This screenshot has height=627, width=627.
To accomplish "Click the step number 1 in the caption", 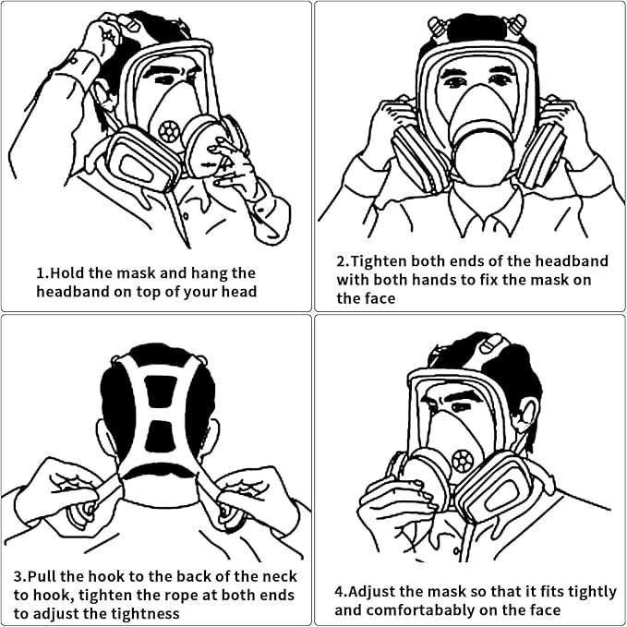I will pyautogui.click(x=41, y=273).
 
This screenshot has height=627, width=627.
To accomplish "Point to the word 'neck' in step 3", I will pyautogui.click(x=279, y=576).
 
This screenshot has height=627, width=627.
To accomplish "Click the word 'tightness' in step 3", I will pyautogui.click(x=145, y=612).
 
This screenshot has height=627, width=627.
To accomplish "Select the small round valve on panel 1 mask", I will pyautogui.click(x=169, y=131).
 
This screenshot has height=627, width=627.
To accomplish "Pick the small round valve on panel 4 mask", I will pyautogui.click(x=462, y=461).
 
